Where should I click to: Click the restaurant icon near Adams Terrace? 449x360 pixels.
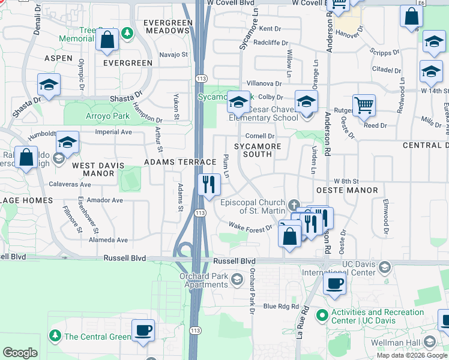(209, 184)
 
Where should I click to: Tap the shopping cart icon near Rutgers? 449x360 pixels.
(364, 106)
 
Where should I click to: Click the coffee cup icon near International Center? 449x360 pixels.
(334, 283)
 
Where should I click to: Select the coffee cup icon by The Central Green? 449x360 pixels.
(143, 330)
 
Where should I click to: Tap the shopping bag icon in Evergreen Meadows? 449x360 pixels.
(106, 40)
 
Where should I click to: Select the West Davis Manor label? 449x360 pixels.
(98, 169)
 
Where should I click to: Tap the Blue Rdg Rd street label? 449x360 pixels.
(282, 307)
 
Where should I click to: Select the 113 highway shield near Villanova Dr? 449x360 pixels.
(200, 79)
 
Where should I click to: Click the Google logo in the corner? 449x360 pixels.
(20, 353)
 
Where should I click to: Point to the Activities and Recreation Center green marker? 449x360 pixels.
(322, 314)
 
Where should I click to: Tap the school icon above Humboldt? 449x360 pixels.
(68, 142)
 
